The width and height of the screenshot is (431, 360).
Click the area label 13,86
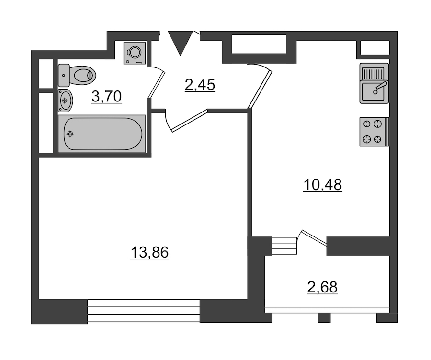[149, 252]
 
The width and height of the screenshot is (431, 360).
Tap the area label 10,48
[322, 185]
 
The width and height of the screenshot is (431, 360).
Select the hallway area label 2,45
[200, 85]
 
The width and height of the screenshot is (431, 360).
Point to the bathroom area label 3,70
[106, 96]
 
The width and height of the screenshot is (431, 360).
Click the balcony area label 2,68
[322, 287]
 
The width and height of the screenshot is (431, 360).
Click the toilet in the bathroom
[77, 75]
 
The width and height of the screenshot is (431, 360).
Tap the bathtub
[102, 134]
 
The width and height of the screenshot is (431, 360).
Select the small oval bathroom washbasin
[66, 101]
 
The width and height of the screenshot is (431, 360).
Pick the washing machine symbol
[135, 53]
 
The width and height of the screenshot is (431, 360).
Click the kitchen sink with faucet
[374, 83]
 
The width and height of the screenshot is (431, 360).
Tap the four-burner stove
[374, 132]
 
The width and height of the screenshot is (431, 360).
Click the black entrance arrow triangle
[180, 43]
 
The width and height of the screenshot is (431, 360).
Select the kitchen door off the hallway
[260, 90]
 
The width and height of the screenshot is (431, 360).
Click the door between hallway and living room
[190, 121]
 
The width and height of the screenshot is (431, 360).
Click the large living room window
[144, 311]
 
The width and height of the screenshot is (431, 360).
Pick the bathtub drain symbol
[71, 134]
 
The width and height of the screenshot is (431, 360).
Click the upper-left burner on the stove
[367, 124]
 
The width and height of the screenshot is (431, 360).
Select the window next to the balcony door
[284, 246]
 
